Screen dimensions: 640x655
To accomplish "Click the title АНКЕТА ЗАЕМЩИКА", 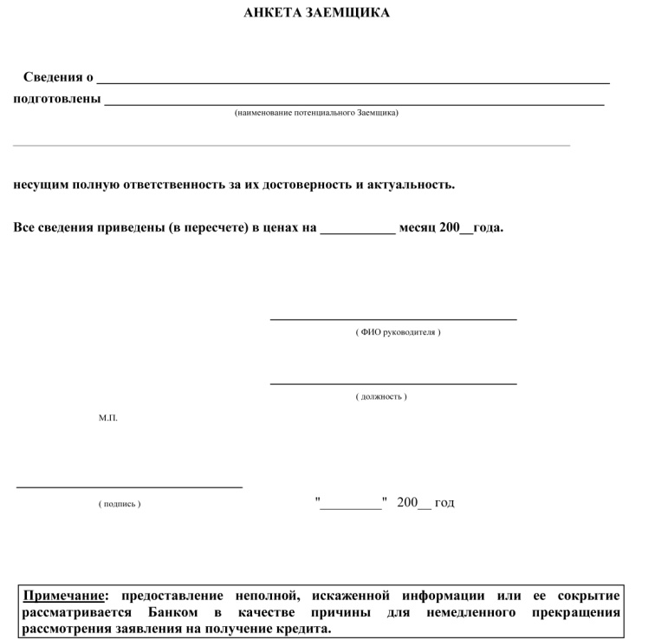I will pyautogui.click(x=316, y=13).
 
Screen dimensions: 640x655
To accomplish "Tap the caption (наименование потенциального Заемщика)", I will pyautogui.click(x=316, y=113).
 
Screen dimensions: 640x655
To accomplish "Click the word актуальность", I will pyautogui.click(x=411, y=185).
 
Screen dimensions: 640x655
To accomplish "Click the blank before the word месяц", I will pyautogui.click(x=357, y=231).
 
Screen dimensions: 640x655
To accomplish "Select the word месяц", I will pyautogui.click(x=418, y=228).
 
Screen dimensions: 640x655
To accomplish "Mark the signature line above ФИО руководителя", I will pyautogui.click(x=393, y=319).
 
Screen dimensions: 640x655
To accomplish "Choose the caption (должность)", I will pyautogui.click(x=381, y=396).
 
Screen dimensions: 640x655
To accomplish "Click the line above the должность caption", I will pyautogui.click(x=393, y=383).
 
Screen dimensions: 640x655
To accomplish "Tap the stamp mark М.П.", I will pyautogui.click(x=108, y=418).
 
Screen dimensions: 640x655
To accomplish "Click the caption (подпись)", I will pyautogui.click(x=120, y=504).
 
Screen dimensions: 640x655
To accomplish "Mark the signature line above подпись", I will pyautogui.click(x=130, y=487).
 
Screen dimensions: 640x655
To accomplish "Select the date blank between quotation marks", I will pyautogui.click(x=351, y=506).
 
